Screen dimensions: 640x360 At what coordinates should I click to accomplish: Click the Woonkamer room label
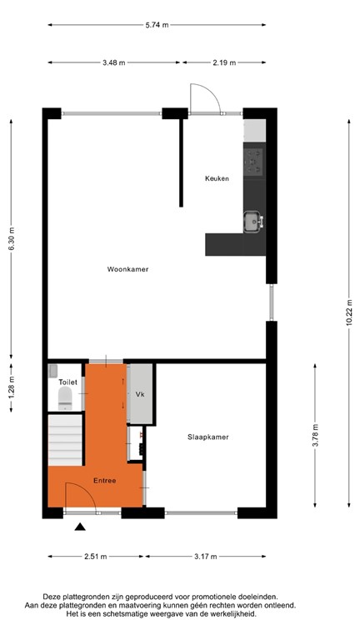127,269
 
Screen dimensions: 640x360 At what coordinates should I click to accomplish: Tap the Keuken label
217,178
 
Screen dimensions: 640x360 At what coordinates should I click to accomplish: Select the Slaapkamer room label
208,437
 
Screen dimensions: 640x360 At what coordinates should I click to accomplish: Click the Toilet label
67,382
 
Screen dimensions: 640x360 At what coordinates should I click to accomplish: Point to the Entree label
104,480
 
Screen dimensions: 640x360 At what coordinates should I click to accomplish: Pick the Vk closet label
139,393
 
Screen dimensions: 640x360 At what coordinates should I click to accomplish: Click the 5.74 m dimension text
156,25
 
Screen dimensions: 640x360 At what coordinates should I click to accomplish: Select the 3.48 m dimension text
115,62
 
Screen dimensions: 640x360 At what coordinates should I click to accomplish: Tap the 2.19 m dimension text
222,62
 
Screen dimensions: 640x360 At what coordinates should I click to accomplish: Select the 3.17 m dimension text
205,557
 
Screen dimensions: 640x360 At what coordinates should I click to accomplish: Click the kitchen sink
252,222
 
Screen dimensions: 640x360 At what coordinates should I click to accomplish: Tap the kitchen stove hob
253,159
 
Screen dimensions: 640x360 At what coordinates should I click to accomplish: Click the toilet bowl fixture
66,401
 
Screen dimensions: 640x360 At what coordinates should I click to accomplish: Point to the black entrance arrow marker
79,527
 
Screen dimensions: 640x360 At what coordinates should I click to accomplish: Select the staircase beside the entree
65,441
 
